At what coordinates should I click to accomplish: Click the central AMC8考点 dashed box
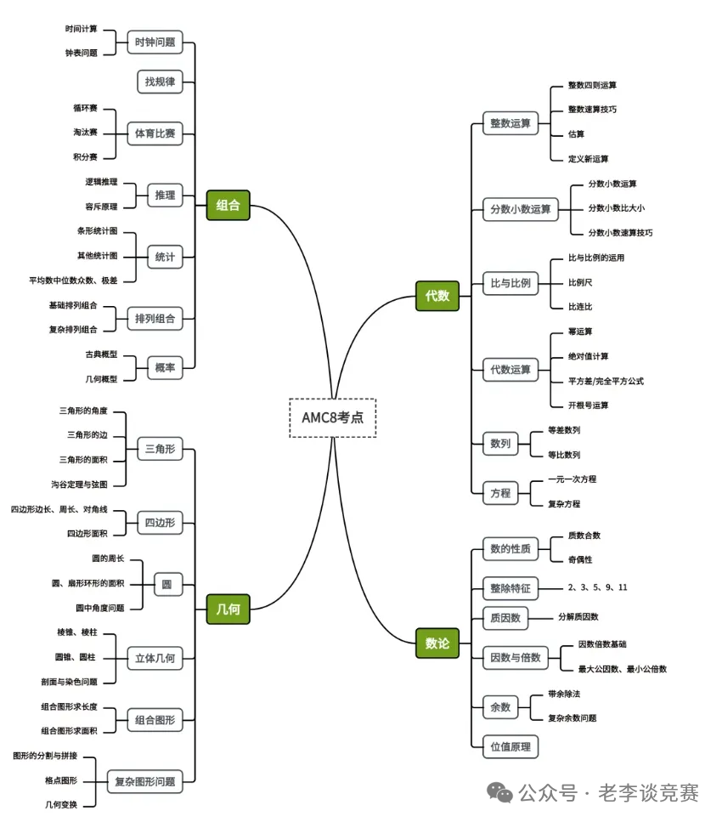coord(332,417)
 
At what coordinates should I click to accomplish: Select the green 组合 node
coord(228,205)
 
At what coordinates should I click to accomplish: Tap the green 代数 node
coord(437,297)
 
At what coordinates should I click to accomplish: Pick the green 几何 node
coord(228,609)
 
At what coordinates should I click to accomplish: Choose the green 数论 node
coord(437,643)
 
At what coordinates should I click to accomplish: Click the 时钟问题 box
coord(155,41)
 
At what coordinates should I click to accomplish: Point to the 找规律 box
coord(160,82)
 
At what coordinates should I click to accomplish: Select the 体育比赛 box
coord(155,133)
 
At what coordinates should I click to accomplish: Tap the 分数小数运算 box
coord(520,209)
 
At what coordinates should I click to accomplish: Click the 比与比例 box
coord(510,283)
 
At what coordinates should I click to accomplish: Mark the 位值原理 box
coord(510,746)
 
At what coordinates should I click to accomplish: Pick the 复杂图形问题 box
coord(144,781)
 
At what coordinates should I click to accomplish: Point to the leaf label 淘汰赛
coord(85,133)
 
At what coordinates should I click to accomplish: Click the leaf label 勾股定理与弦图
coord(79,484)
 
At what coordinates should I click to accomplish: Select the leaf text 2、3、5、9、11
coord(597,587)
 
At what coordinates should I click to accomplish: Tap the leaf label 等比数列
coord(564,455)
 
